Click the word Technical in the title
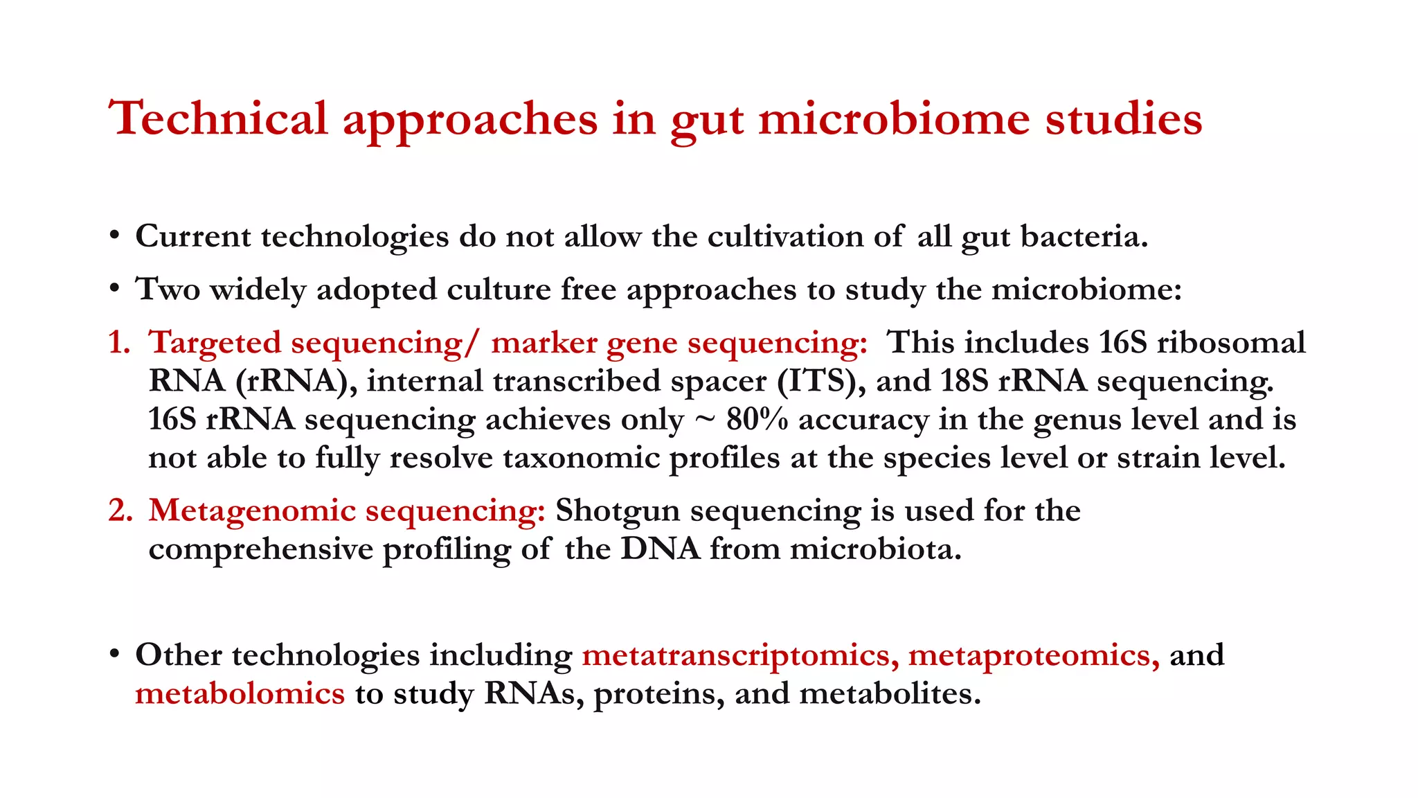point(218,118)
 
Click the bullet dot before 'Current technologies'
point(115,236)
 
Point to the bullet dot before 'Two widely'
point(115,288)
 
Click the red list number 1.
point(118,343)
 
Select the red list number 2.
point(119,511)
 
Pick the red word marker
point(544,343)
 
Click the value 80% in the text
point(757,420)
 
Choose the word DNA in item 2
point(661,549)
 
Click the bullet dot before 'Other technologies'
point(115,655)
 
